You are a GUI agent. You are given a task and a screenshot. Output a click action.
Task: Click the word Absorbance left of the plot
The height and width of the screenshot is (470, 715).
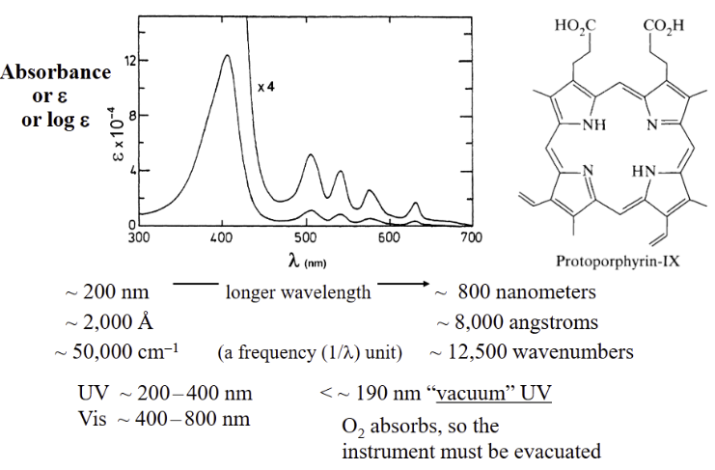(56, 74)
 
